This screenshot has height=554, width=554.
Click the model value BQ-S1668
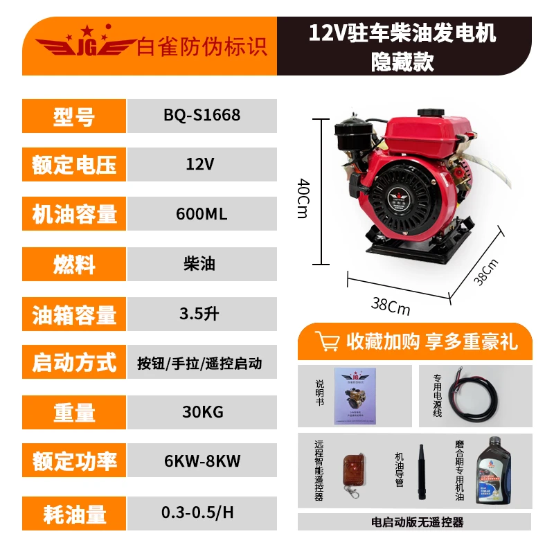point(202,115)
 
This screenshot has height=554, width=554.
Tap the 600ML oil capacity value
point(202,214)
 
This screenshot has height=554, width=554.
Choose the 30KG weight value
point(202,412)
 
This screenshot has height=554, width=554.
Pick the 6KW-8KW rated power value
point(202,461)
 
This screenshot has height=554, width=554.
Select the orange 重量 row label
point(74,413)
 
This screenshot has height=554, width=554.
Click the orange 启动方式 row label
point(74,363)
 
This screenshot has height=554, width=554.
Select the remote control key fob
point(350,475)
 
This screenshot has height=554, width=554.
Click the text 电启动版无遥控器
point(418,521)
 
